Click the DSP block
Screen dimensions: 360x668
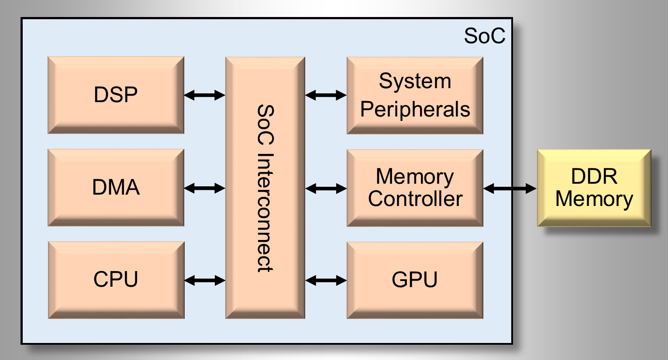[116, 95]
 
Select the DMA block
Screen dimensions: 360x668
[116, 187]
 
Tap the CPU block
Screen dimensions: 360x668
[116, 280]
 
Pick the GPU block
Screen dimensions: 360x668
[415, 280]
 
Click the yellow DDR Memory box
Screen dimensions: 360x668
[594, 188]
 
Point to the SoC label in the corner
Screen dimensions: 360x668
[484, 36]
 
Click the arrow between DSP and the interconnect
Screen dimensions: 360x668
[204, 95]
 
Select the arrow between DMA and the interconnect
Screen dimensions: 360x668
[204, 188]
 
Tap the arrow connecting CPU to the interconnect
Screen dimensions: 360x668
[204, 280]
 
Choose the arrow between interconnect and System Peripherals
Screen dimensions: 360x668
[326, 95]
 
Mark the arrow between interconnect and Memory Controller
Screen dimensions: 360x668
[326, 189]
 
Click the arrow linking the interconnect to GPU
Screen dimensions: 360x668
[326, 280]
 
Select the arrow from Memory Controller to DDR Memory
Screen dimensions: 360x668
[510, 189]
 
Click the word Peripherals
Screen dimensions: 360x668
[415, 110]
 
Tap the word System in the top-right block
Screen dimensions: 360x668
[415, 82]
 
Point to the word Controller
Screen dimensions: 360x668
[415, 199]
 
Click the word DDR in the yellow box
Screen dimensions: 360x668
[594, 177]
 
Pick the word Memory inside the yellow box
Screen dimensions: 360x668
[594, 199]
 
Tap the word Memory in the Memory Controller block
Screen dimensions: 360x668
[415, 177]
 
